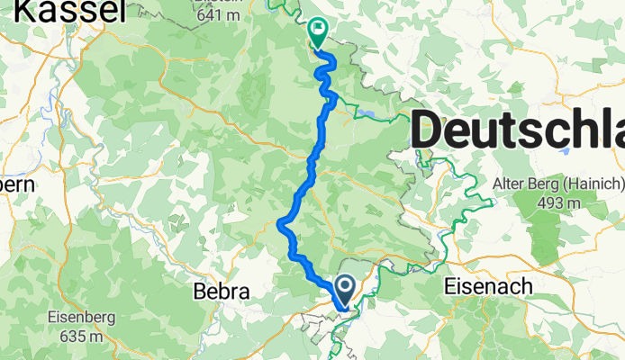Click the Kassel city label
(68, 11)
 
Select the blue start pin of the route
(345, 291)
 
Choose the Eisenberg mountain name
(77, 318)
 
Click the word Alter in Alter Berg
(511, 184)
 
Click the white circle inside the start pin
(345, 286)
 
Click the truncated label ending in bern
(16, 184)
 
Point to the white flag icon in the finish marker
(318, 30)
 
